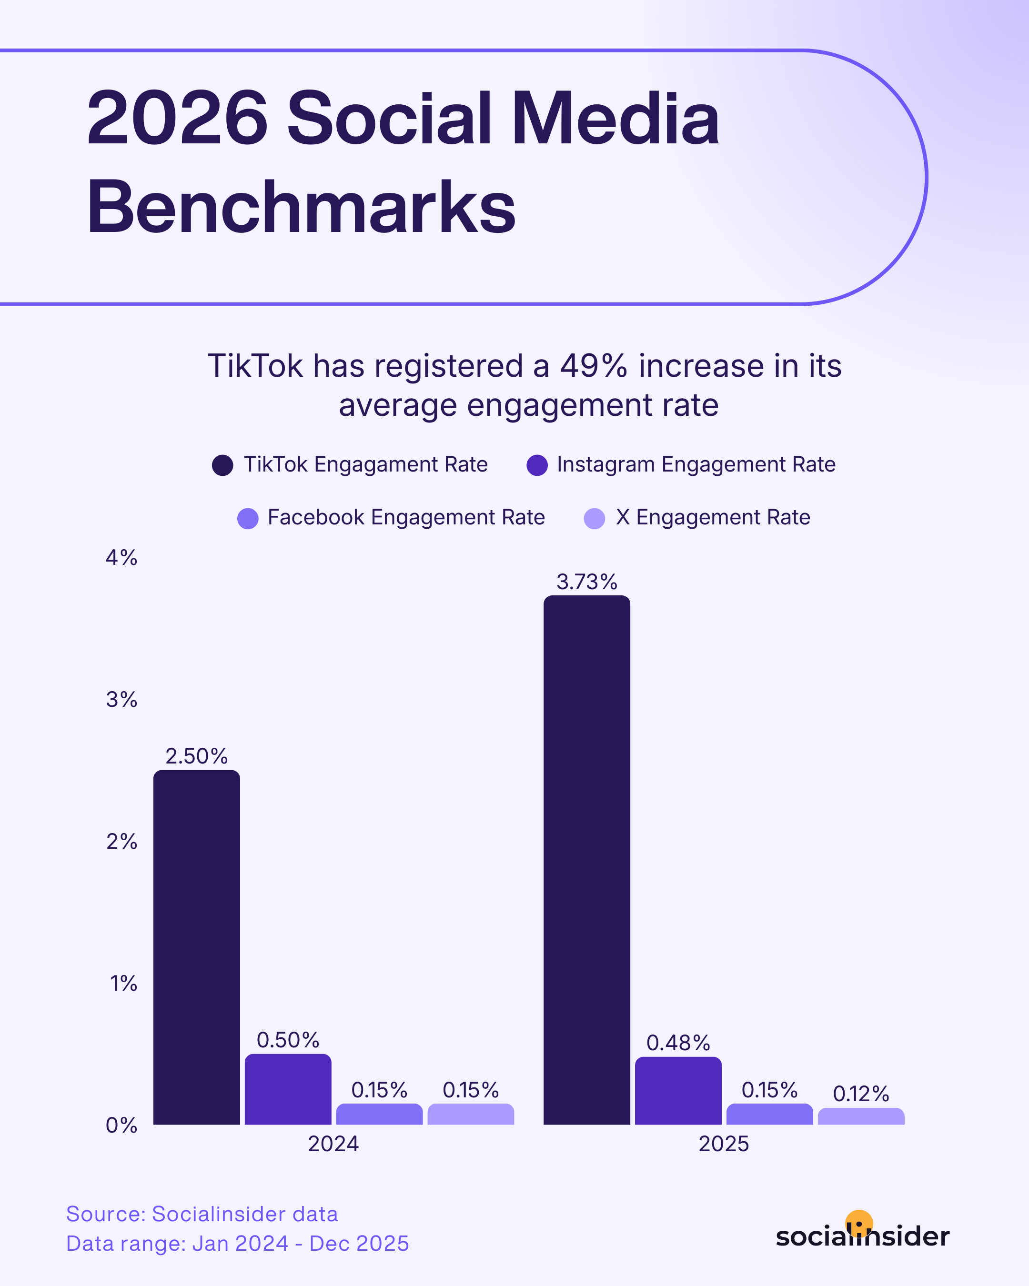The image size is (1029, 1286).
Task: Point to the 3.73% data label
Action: [x=586, y=582]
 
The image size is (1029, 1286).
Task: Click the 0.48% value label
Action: [x=678, y=1043]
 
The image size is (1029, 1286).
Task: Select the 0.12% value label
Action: [x=861, y=1094]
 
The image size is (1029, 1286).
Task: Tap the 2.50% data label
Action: [x=196, y=756]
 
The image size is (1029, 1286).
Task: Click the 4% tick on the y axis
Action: [x=121, y=558]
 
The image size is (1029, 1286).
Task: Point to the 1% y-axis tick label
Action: [x=123, y=984]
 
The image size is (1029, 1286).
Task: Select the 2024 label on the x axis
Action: [x=333, y=1144]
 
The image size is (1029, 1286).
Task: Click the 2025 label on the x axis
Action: [x=724, y=1144]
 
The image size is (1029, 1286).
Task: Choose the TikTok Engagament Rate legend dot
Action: [x=222, y=465]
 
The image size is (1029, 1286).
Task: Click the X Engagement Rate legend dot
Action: [x=594, y=518]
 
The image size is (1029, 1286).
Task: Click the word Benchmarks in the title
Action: [x=301, y=207]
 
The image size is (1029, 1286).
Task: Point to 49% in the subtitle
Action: [x=594, y=366]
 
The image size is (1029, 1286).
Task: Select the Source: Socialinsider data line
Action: [x=202, y=1214]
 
